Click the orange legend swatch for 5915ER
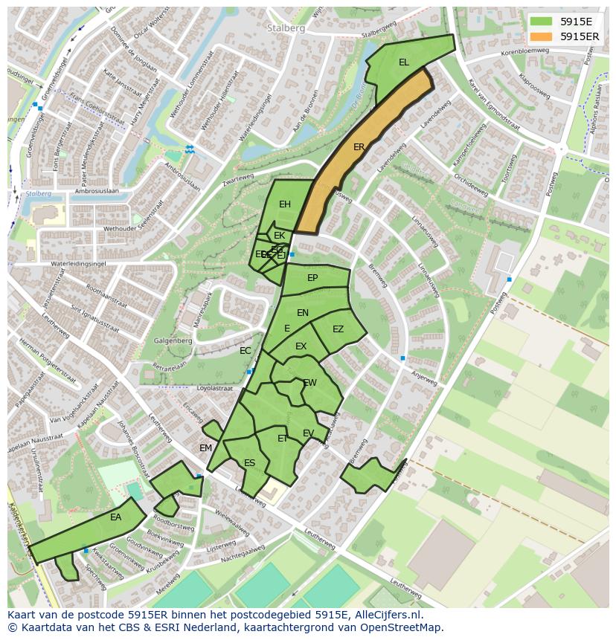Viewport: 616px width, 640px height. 542,36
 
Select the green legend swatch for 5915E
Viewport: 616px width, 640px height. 542,22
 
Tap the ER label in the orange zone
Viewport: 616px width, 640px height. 359,147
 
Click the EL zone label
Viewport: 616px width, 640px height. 403,62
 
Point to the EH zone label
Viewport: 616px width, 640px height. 285,204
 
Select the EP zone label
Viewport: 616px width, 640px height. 312,278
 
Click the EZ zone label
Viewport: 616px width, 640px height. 338,329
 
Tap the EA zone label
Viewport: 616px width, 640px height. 115,517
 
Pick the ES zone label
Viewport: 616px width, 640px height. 250,463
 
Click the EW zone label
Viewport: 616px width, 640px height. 310,383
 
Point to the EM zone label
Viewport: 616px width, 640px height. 205,447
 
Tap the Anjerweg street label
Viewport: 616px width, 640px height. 425,377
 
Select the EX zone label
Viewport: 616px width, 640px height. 301,346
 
